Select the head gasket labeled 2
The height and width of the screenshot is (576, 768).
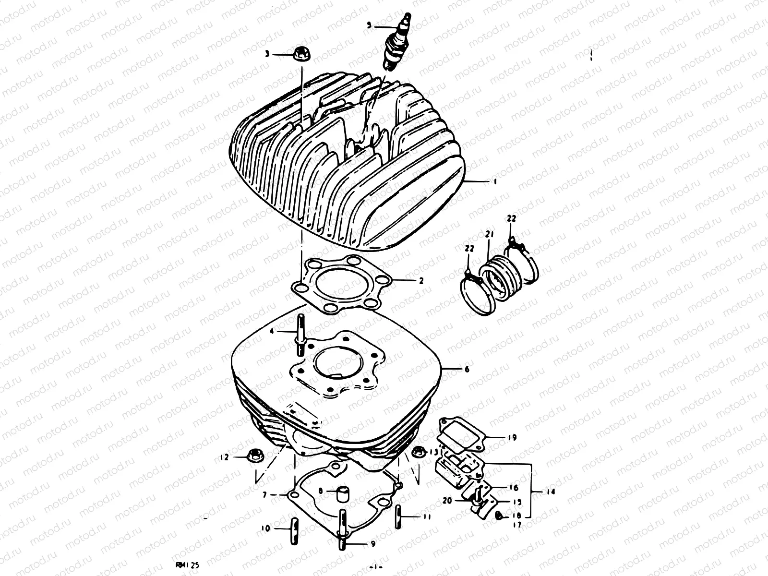coord(336,284)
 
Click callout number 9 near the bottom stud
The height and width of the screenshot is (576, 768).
coord(373,544)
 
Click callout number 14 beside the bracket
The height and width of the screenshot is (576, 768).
coord(549,492)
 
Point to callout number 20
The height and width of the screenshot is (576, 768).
coord(447,500)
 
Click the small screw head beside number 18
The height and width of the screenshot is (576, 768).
coord(499,516)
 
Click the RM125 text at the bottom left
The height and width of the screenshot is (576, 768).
coord(187,566)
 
